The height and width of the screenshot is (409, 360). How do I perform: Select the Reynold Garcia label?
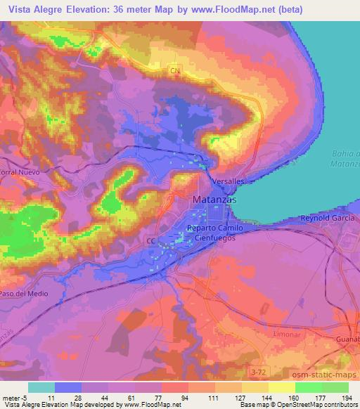point(328,219)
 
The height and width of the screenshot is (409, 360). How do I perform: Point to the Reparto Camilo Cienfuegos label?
point(216,233)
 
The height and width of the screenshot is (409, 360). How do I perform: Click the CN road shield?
point(175,71)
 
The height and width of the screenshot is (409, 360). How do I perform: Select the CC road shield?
point(150,240)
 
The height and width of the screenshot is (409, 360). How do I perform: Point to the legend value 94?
point(185,397)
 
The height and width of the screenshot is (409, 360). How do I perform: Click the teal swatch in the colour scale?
point(41,387)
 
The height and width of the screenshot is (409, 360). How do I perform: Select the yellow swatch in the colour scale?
point(282,387)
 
